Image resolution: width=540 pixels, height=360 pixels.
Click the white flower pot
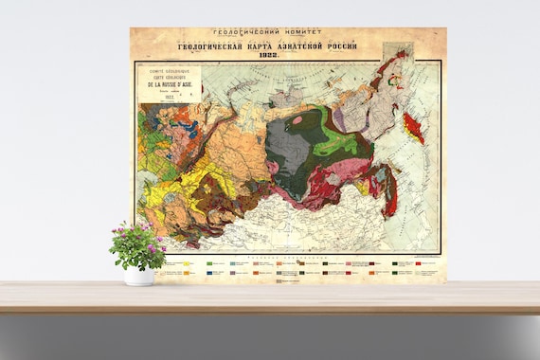click(x=138, y=276)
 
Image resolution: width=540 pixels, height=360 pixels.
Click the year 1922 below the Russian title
click(x=286, y=54)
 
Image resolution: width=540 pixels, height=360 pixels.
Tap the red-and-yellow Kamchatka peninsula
click(x=410, y=124)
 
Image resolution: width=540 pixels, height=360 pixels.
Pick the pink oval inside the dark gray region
click(x=297, y=120)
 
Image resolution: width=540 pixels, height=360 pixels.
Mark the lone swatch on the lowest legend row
click(x=279, y=280)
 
